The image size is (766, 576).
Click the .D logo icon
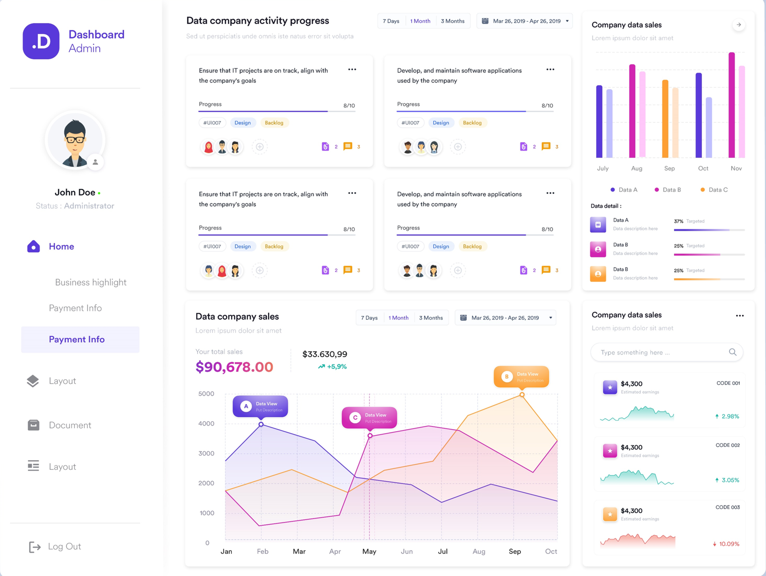pyautogui.click(x=41, y=41)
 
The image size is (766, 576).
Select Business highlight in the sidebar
pyautogui.click(x=90, y=282)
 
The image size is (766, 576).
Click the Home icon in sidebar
pyautogui.click(x=33, y=247)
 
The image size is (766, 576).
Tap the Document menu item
pyautogui.click(x=70, y=425)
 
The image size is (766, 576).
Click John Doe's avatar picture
pyautogui.click(x=75, y=140)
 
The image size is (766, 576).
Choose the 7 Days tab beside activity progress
pyautogui.click(x=391, y=21)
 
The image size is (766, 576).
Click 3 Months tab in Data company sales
pyautogui.click(x=431, y=318)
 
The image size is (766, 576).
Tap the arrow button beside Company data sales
pyautogui.click(x=739, y=25)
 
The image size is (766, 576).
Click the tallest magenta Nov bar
pyautogui.click(x=731, y=105)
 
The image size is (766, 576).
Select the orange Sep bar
pyautogui.click(x=665, y=119)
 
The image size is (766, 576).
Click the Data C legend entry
pyautogui.click(x=714, y=190)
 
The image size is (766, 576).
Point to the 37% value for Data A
pyautogui.click(x=678, y=222)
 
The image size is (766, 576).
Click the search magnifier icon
pyautogui.click(x=733, y=352)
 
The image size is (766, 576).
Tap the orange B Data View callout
pyautogui.click(x=521, y=377)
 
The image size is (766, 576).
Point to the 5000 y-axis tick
pyautogui.click(x=206, y=394)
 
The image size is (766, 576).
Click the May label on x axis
pyautogui.click(x=369, y=551)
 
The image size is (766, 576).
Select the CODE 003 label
pyautogui.click(x=728, y=507)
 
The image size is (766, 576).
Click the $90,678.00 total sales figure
pyautogui.click(x=234, y=367)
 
